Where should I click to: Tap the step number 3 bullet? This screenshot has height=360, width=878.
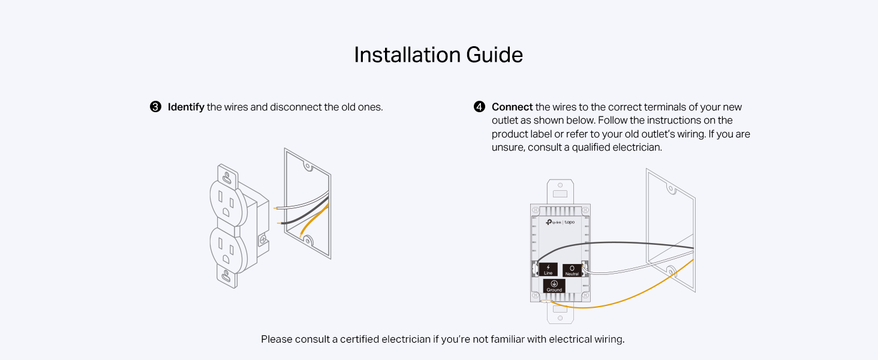(155, 107)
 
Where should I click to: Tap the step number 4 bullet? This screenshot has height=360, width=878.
(479, 107)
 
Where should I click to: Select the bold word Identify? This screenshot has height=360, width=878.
(186, 107)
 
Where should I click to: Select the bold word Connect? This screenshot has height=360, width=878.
(512, 107)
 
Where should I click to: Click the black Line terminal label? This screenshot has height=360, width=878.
(548, 269)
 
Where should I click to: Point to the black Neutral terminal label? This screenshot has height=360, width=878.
(572, 270)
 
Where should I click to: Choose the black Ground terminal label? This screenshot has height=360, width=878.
(554, 286)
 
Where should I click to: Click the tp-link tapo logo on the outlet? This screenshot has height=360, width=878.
(560, 222)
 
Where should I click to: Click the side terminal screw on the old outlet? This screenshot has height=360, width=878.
(263, 239)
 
